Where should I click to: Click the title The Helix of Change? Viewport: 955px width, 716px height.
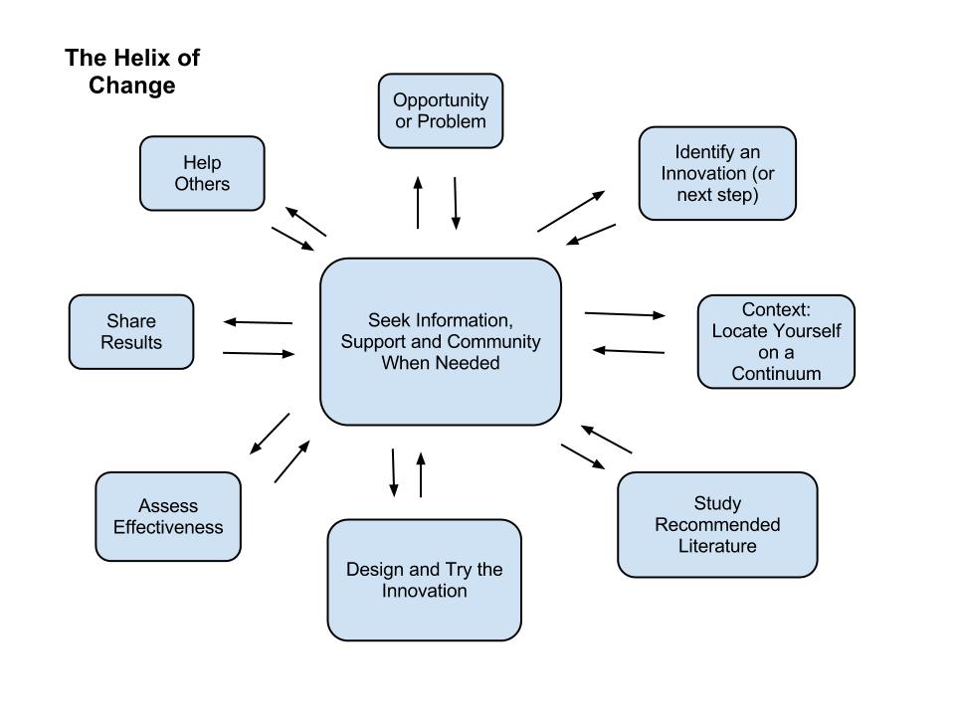click(x=132, y=72)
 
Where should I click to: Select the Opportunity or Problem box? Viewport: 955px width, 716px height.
click(x=441, y=110)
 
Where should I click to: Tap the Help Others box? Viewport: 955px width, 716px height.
click(x=202, y=173)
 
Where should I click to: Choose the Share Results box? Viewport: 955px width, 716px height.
click(x=131, y=332)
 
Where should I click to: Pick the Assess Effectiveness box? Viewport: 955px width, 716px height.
click(x=168, y=516)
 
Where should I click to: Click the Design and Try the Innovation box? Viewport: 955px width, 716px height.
click(x=424, y=580)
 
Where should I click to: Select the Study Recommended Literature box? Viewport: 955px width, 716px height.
click(x=716, y=524)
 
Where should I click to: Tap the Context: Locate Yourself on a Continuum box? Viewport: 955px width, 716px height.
click(x=776, y=341)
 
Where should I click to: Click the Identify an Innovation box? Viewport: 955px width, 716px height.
click(x=717, y=173)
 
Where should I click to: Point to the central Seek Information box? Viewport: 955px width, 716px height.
click(x=440, y=341)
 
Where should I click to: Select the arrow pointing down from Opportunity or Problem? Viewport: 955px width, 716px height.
click(x=456, y=204)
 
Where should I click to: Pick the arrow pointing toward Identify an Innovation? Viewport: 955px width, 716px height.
click(x=571, y=211)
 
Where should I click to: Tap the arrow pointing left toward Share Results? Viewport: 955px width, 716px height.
click(x=258, y=322)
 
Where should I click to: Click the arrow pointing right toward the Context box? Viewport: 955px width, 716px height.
click(x=625, y=314)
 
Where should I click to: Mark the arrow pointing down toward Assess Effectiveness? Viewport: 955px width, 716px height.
click(x=270, y=434)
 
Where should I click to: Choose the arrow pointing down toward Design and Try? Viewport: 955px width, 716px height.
click(x=394, y=472)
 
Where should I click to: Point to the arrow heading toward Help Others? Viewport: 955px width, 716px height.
click(x=305, y=222)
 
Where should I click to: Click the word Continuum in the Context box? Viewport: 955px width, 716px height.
click(x=776, y=374)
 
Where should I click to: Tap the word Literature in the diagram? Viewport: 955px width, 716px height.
click(x=717, y=546)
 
